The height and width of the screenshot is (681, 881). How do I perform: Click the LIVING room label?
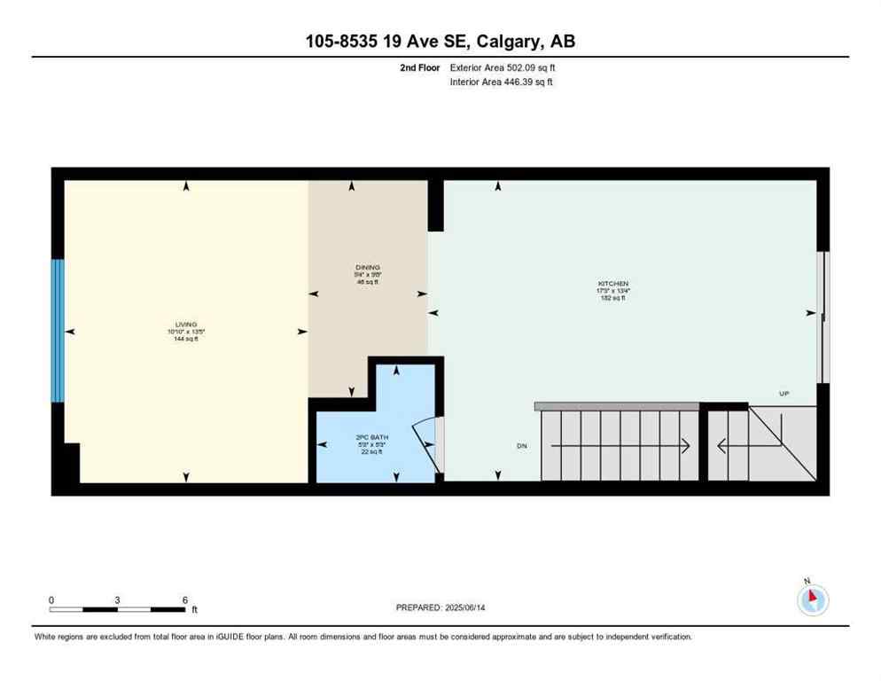pos(185,324)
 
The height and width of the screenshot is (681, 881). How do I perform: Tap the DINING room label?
pos(367,267)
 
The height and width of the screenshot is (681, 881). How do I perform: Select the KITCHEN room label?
pos(612,284)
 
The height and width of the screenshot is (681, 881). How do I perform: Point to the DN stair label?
pos(522,446)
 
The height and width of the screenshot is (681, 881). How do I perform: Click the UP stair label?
pos(784,394)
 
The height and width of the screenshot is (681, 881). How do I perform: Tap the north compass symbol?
pos(813,600)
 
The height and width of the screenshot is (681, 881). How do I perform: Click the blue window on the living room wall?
pos(58,330)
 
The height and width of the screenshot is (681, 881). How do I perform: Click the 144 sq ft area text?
pos(185,339)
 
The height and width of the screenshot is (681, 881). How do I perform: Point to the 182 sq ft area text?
pos(612,298)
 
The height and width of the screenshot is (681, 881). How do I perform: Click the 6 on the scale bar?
pos(184,599)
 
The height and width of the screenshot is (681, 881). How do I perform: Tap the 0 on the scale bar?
pos(51,599)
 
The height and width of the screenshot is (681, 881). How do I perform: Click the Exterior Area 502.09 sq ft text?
pos(503,67)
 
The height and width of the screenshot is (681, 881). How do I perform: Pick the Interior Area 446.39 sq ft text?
pos(502,82)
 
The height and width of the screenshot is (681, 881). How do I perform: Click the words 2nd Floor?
pos(420,67)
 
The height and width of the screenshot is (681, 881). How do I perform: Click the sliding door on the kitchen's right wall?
pos(823,317)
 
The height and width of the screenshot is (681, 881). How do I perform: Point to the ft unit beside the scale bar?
pos(194,610)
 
